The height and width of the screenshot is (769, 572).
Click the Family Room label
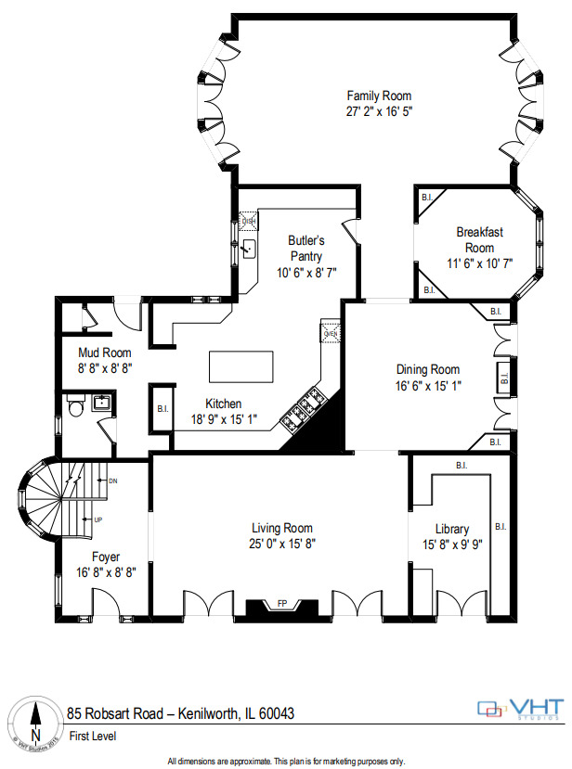click(379, 96)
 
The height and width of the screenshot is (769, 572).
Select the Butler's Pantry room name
click(305, 247)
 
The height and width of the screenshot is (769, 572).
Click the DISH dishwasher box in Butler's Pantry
click(248, 221)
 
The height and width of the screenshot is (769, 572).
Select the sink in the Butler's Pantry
click(248, 249)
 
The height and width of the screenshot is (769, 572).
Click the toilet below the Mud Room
click(76, 404)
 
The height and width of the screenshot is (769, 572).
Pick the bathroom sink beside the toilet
click(101, 402)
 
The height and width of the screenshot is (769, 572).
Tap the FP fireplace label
click(282, 604)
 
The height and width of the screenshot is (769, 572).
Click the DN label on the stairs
click(112, 481)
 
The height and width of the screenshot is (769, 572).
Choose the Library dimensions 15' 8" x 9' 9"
click(451, 545)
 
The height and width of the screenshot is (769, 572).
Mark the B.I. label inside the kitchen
click(162, 408)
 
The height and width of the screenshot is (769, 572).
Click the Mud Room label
click(104, 352)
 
